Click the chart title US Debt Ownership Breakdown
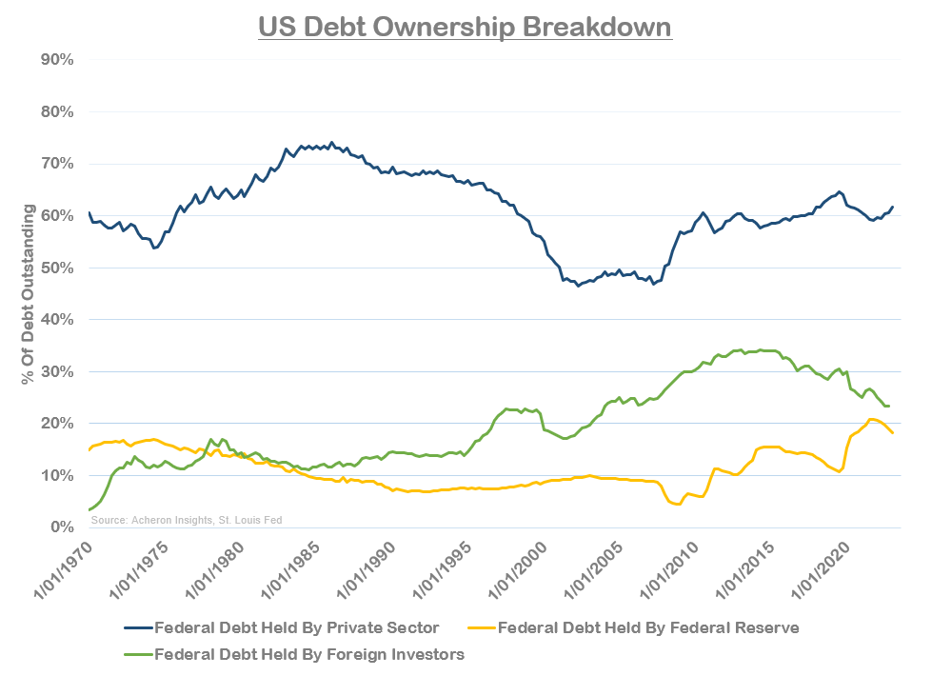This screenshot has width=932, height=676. click(466, 26)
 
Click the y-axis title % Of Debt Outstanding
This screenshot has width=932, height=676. click(29, 292)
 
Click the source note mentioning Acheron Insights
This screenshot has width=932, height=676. click(187, 520)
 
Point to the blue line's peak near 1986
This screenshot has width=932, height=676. click(331, 143)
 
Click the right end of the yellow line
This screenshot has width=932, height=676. click(892, 433)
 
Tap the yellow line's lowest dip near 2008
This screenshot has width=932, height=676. click(677, 504)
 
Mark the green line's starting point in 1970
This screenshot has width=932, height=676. click(89, 510)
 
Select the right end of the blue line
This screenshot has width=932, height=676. click(892, 207)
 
